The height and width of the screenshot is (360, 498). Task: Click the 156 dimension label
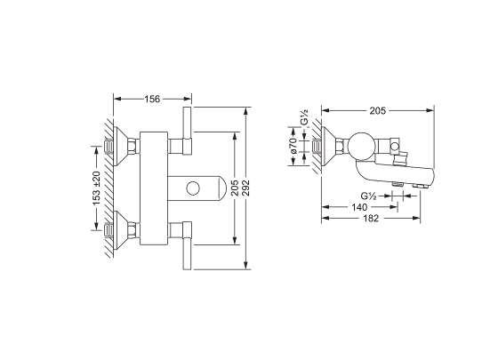152,99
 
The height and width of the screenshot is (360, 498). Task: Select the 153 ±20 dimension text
96,188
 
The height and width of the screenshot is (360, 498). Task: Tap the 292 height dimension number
245,188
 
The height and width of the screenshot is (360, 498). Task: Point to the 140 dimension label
359,207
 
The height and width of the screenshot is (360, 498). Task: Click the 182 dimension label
371,218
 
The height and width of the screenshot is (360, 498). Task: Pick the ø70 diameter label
293,146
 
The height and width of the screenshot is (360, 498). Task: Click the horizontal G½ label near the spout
368,196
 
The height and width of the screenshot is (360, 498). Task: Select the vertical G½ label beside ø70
304,117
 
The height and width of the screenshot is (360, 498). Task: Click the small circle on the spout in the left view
193,188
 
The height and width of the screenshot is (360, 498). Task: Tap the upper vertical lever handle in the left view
188,131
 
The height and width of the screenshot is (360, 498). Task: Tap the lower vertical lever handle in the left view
188,245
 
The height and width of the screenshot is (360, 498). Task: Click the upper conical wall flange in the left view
121,147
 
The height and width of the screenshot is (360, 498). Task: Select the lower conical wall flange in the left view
121,230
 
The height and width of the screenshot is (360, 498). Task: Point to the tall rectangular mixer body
154,188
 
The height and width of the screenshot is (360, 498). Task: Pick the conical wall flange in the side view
329,147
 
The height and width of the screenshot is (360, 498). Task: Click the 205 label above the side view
378,110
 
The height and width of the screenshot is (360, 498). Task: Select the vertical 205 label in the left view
235,188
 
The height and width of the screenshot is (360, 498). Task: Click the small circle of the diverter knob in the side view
396,147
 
